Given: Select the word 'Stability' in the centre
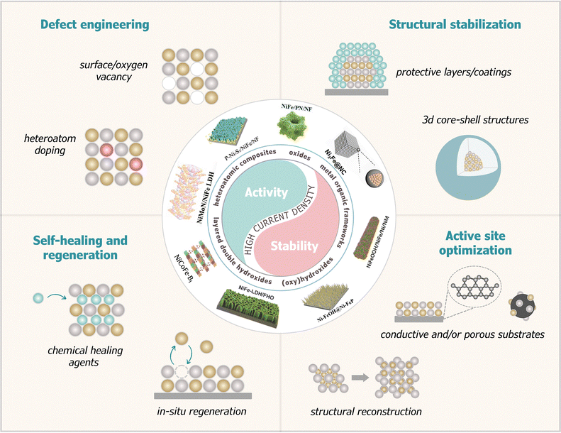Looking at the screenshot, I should point(303,249).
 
